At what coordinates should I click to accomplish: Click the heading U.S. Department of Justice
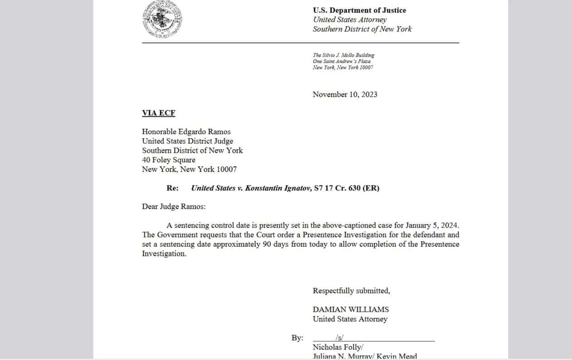point(359,10)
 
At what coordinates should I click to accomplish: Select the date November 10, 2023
point(345,94)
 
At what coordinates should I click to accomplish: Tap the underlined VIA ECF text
point(158,113)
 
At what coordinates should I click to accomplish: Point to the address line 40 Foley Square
point(169,160)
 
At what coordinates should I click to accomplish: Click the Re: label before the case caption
point(173,188)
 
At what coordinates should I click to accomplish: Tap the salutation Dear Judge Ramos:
point(174,207)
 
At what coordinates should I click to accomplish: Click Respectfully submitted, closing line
point(351,291)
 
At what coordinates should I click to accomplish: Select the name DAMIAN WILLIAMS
point(351,310)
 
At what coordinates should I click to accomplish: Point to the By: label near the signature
point(297,338)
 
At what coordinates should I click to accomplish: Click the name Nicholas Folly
point(337,347)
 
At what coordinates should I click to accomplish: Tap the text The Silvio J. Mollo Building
point(344,55)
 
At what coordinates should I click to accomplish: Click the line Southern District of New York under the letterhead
point(362,29)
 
